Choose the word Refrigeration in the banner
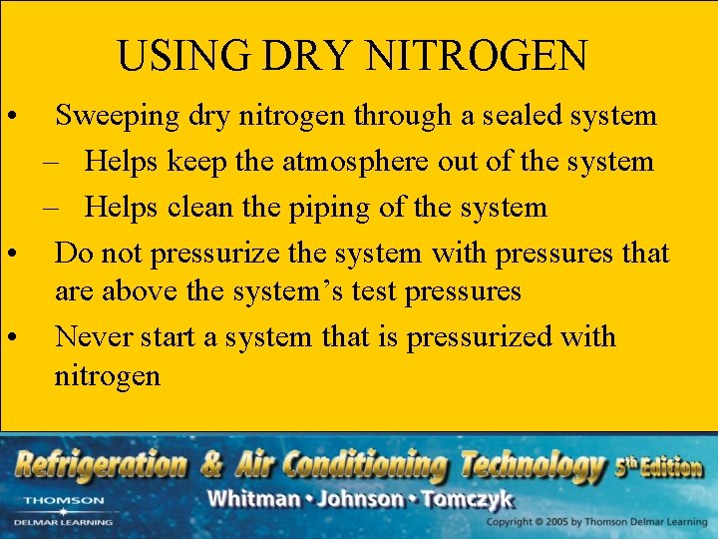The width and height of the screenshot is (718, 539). [x=100, y=465]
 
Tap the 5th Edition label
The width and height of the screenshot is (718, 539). [x=658, y=466]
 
